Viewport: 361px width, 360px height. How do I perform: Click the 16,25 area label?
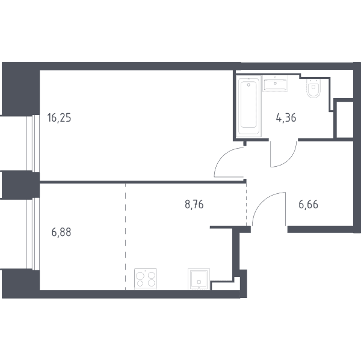(x=59, y=118)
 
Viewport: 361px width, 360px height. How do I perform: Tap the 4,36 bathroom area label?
(x=286, y=118)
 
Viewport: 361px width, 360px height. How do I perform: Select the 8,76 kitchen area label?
(x=194, y=205)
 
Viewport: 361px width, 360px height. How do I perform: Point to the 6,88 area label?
(x=61, y=232)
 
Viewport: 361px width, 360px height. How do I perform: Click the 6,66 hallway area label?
(x=308, y=205)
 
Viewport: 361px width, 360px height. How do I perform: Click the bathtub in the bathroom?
(x=248, y=106)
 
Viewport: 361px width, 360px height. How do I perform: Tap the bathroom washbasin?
(x=275, y=84)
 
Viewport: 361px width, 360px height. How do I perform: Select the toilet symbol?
(x=313, y=88)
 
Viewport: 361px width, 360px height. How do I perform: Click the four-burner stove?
(x=145, y=279)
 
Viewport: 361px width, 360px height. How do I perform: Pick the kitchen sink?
(x=199, y=279)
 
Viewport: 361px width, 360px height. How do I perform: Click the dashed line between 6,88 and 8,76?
(x=126, y=237)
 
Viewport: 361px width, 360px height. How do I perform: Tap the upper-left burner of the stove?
(x=140, y=276)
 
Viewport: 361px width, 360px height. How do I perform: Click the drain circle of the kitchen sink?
(x=199, y=282)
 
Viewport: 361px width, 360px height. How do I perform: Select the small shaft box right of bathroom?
(x=345, y=119)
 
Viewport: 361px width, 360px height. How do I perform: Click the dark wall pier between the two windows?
(x=20, y=184)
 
